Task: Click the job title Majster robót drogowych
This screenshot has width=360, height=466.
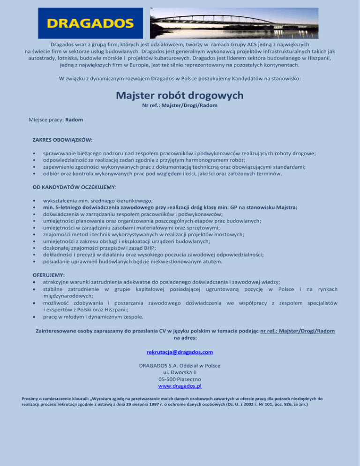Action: point(180,96)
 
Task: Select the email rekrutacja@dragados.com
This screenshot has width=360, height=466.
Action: point(180,352)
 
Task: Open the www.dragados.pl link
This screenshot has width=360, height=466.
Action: point(180,386)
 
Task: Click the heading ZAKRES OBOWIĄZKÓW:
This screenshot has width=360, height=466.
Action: point(62,140)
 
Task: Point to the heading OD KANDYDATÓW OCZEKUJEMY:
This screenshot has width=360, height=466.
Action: point(75,187)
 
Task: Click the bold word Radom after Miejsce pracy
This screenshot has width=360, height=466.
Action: point(74,120)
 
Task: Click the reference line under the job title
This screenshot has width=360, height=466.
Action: point(180,105)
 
